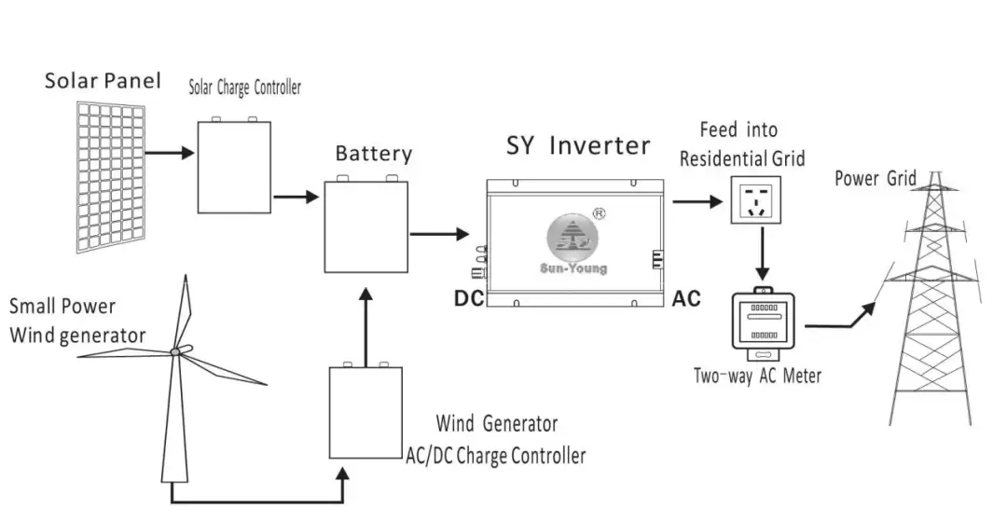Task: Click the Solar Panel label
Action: coord(103,80)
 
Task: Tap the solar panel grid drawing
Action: coord(111,177)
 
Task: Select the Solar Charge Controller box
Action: coord(234,168)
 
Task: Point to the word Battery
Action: coord(373,153)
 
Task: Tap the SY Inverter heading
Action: coord(578,145)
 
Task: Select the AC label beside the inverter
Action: coord(686,299)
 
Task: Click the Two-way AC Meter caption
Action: coord(757,377)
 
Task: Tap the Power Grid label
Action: coord(875,178)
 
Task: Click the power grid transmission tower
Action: coord(935,308)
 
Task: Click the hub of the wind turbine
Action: coord(175,351)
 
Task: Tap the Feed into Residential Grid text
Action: coord(741,144)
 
